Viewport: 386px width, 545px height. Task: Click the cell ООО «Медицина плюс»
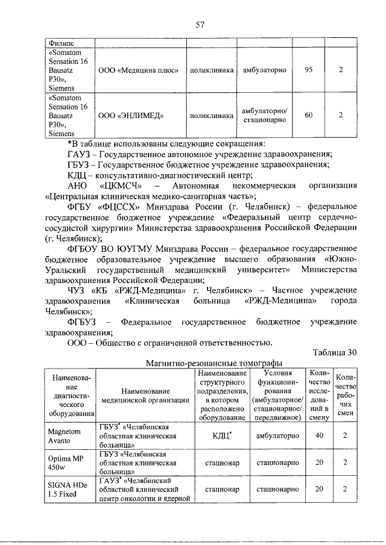pos(138,70)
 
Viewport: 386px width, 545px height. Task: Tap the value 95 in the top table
pos(308,70)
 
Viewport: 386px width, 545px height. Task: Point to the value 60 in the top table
pos(308,114)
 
